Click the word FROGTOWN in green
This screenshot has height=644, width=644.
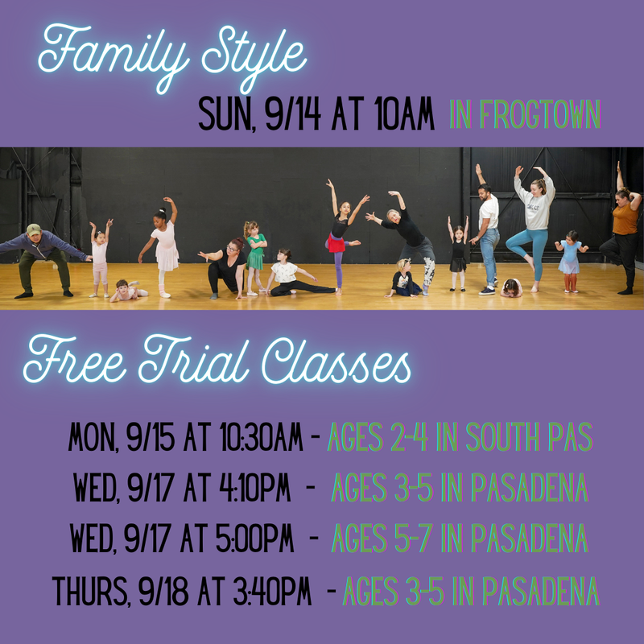[540, 114]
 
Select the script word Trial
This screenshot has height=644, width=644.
[194, 360]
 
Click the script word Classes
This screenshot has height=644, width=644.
[336, 361]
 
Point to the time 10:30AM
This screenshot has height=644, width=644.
[261, 437]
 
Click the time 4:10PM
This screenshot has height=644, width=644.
[255, 488]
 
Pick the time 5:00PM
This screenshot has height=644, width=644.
[254, 538]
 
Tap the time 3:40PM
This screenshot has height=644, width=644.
[272, 591]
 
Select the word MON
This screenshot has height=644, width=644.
[93, 437]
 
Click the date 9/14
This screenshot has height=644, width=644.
[292, 114]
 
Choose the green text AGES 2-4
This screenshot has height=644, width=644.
[378, 437]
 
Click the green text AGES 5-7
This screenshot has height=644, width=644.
[382, 538]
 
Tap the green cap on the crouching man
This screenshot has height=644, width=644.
[34, 229]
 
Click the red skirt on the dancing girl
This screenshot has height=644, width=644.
[336, 244]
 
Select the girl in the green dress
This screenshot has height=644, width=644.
[255, 258]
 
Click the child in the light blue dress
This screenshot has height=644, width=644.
[570, 262]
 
